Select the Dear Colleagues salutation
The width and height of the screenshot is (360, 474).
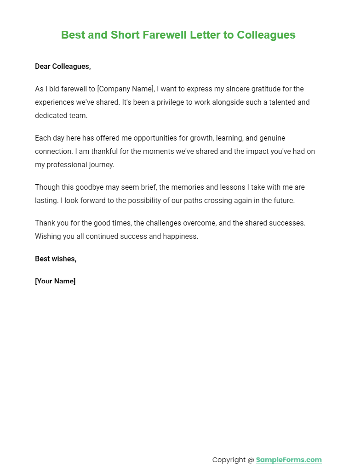click(x=63, y=67)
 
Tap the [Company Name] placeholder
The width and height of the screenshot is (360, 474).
click(x=125, y=89)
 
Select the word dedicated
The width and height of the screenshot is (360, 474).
click(x=51, y=115)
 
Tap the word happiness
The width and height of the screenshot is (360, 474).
click(x=178, y=236)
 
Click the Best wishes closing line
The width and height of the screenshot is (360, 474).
click(x=56, y=259)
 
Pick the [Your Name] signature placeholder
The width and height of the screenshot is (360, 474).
click(x=55, y=281)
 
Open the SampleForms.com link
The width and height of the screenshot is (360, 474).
click(x=289, y=460)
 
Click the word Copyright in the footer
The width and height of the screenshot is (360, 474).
click(x=229, y=460)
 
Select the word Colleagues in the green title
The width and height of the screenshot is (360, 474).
click(x=266, y=35)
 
